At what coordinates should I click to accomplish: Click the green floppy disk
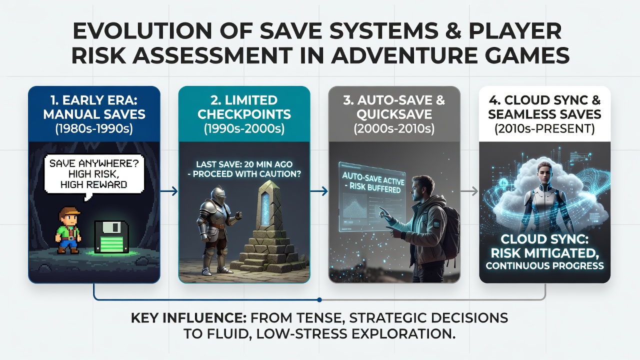pyautogui.click(x=111, y=237)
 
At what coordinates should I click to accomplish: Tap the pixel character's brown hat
pyautogui.click(x=69, y=211)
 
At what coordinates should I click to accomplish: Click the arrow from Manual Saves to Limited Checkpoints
pyautogui.click(x=169, y=191)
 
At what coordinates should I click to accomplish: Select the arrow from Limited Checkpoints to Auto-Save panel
pyautogui.click(x=319, y=191)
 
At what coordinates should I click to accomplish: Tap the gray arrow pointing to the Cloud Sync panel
pyautogui.click(x=469, y=191)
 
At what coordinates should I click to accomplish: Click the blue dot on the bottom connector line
pyautogui.click(x=319, y=299)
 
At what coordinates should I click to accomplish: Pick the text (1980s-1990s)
pyautogui.click(x=94, y=129)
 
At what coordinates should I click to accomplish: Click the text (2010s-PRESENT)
pyautogui.click(x=544, y=128)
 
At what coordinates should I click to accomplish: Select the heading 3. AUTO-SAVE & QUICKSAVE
pyautogui.click(x=394, y=107)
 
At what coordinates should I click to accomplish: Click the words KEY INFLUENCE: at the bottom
pyautogui.click(x=189, y=318)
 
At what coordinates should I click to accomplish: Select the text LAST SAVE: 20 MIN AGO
pyautogui.click(x=244, y=164)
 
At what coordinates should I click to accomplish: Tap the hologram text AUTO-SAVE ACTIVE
pyautogui.click(x=373, y=178)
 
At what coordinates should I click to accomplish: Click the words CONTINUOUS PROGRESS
pyautogui.click(x=544, y=265)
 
